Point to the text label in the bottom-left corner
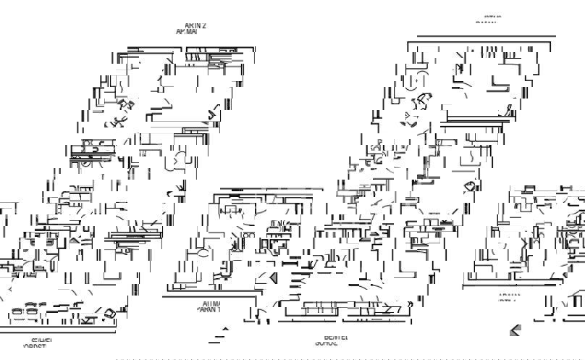(x=38, y=343)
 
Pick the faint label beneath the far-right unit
(x=509, y=297)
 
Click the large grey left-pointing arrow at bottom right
(x=515, y=330)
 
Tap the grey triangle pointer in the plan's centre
(x=273, y=278)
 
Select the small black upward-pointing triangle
(x=224, y=330)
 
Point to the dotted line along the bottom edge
(x=348, y=358)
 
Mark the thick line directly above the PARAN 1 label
(x=210, y=296)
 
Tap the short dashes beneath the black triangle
(x=221, y=339)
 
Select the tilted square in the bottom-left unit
(x=109, y=314)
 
